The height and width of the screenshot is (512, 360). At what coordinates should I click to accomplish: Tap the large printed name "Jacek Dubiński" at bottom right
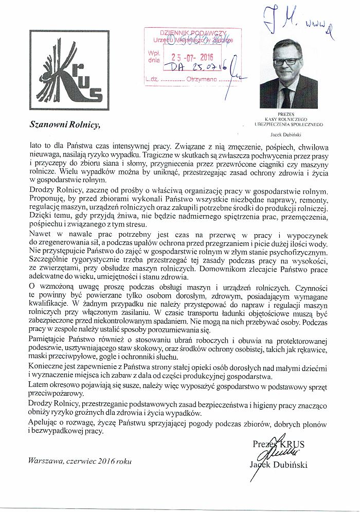285,465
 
